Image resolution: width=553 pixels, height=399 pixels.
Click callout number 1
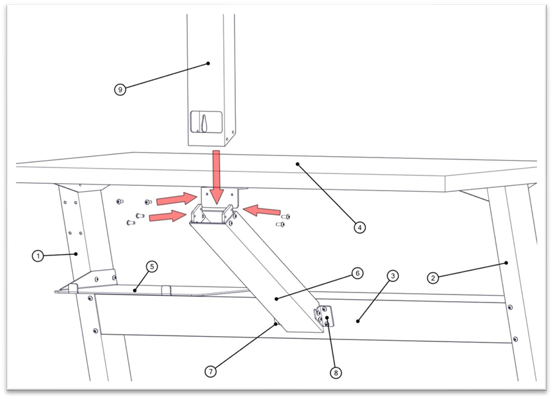coord(39,255)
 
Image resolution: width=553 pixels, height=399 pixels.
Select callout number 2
coord(433,279)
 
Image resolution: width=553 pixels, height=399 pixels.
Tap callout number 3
coord(392,275)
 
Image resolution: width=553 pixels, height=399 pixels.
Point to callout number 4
coord(359,228)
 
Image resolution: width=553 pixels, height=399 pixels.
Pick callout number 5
coord(151,267)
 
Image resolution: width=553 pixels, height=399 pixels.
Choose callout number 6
coord(356,273)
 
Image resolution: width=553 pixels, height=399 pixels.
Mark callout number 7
coord(211,371)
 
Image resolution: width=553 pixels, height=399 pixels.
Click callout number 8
coord(336,373)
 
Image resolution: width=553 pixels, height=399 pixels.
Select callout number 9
coord(120,90)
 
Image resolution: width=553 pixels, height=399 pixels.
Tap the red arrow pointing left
coord(262,211)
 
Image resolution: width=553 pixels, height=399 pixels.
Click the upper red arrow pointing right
coord(175,199)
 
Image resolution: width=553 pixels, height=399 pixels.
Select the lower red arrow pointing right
coord(168,215)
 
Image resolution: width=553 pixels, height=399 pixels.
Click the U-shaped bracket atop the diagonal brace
coord(211,216)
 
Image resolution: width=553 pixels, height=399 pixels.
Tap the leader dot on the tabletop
coord(298,163)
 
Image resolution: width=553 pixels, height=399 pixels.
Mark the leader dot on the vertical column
coord(208,64)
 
